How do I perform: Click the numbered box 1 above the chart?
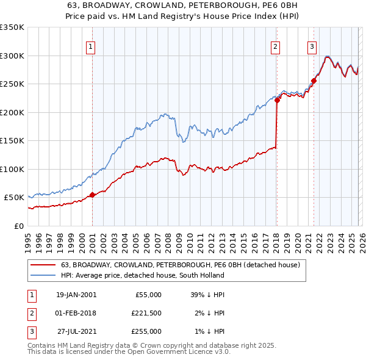(91, 46)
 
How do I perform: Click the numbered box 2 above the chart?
(276, 46)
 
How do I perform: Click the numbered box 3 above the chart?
(312, 46)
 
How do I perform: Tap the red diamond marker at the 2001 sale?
(92, 195)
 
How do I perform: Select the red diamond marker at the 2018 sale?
(277, 101)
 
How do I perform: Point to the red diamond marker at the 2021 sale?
(314, 81)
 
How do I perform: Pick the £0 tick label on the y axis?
(18, 226)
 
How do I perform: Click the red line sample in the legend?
(43, 265)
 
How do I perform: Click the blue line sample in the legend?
(43, 276)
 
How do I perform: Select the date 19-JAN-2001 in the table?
(76, 295)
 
